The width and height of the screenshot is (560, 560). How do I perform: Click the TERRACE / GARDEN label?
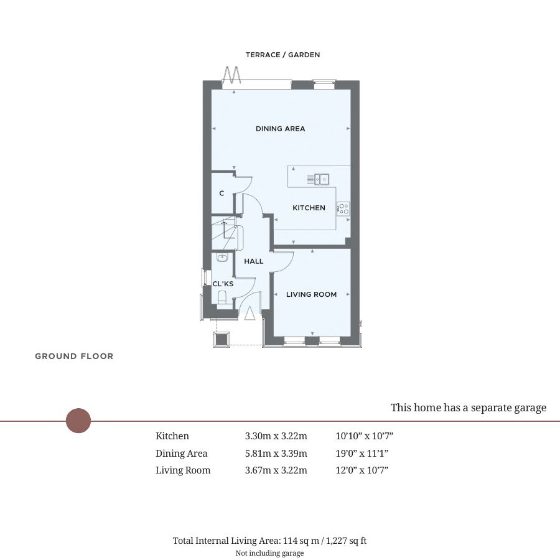coord(282,55)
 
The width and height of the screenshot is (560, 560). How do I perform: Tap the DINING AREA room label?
coord(281,129)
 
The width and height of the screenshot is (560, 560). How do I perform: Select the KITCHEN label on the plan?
coord(309,208)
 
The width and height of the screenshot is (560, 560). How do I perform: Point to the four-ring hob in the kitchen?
coord(343,209)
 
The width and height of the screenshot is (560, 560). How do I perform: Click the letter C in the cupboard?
coord(222,194)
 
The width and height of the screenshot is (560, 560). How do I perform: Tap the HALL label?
coord(254,261)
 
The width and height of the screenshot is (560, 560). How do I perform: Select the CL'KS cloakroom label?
coord(223,284)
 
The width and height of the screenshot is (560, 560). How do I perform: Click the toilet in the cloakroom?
coord(222,298)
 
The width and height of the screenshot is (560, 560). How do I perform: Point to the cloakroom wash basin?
coord(222,258)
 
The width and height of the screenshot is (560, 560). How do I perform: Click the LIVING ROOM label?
coord(312,295)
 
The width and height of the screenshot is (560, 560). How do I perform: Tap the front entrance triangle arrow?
coord(250,313)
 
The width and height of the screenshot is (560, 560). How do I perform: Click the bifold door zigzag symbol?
coord(231,75)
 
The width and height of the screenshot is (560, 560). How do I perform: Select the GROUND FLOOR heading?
coord(74,356)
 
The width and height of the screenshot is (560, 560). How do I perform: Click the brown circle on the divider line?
coord(78,421)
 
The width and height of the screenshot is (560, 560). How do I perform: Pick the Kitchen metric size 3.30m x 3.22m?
coord(276,436)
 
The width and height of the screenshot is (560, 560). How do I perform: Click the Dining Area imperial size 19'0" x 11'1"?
coord(362,453)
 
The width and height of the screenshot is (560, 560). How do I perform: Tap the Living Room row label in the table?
coord(183,470)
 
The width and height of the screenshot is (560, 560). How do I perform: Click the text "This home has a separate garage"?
coord(468,408)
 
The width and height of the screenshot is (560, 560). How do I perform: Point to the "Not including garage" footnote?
coord(269,553)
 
